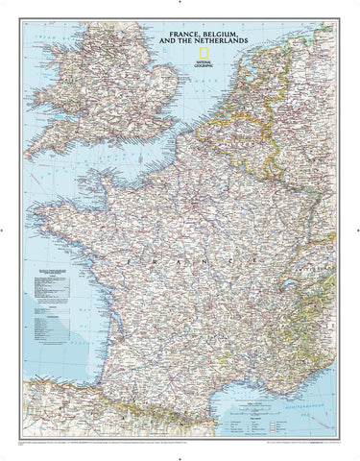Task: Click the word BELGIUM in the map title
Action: click(216, 36)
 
